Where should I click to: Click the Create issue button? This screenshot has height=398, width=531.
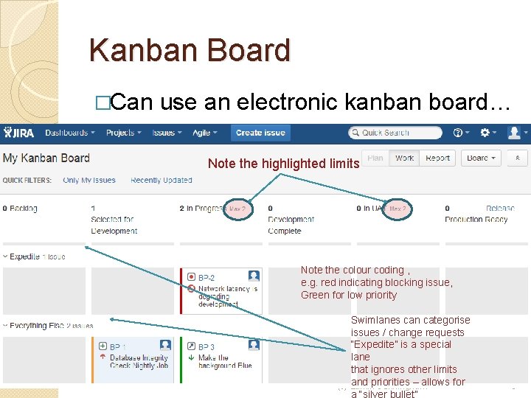click(260, 133)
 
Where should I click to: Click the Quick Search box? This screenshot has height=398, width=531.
click(395, 133)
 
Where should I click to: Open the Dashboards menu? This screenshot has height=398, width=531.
click(70, 133)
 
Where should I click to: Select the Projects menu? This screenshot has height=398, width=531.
click(123, 133)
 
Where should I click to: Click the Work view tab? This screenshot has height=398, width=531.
click(404, 158)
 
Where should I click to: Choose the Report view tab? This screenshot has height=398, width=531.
click(437, 158)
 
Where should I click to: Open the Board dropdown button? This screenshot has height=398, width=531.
click(481, 158)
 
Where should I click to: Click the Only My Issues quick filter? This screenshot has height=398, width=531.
click(89, 181)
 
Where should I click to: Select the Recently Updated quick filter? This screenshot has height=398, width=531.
click(161, 181)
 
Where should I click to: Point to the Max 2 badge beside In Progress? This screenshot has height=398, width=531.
click(237, 209)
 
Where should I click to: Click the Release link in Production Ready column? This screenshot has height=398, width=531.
click(501, 209)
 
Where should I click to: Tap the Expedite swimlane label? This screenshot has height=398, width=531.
click(24, 256)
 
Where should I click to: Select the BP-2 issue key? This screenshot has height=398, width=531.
click(206, 278)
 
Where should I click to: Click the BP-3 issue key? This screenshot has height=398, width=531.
click(206, 346)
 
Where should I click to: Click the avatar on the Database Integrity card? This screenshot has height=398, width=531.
click(165, 345)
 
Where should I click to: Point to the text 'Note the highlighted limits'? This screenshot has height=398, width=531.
click(283, 164)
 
